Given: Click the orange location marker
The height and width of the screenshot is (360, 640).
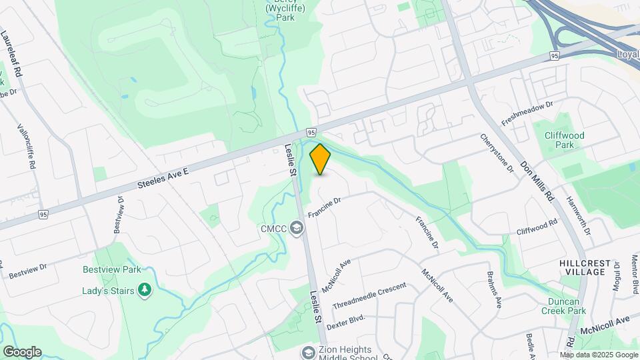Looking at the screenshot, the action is [321, 159].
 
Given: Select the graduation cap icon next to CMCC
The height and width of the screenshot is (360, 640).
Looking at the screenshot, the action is [297, 229].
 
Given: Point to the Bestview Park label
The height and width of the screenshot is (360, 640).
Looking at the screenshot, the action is [111, 270].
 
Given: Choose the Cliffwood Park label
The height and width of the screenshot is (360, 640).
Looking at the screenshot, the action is [564, 140].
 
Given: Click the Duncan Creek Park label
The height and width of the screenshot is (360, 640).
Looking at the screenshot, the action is [563, 306].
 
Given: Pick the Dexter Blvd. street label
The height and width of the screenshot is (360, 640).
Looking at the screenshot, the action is [347, 319].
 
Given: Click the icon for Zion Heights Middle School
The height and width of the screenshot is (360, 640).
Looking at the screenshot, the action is [308, 351].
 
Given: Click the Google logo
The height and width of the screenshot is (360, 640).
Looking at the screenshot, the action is [22, 351].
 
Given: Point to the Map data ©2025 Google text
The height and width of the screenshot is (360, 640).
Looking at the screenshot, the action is [598, 355].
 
